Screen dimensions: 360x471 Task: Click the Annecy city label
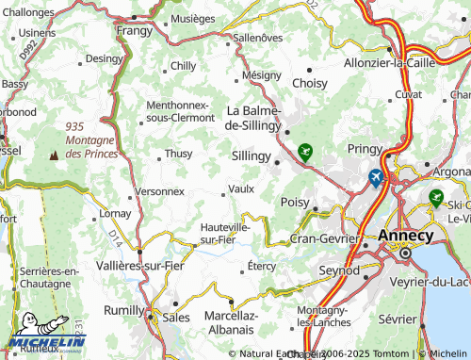point(406,236)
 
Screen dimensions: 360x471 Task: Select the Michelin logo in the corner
point(47,342)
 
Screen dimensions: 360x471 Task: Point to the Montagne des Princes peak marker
point(64,154)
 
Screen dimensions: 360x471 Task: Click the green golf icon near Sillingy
point(305,150)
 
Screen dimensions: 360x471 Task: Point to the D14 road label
point(114,232)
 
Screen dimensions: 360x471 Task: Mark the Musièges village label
point(193,18)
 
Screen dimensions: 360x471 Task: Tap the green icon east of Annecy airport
point(435,197)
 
